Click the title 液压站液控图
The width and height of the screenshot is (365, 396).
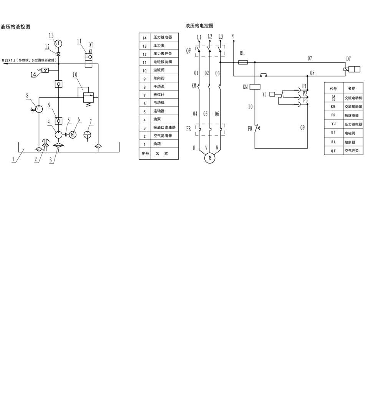tap(15, 27)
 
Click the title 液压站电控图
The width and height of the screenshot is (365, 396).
tap(199, 26)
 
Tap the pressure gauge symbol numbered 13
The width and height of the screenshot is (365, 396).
tap(58, 42)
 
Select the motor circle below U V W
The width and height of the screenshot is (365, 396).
tap(209, 157)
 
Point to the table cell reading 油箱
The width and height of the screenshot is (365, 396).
tap(157, 144)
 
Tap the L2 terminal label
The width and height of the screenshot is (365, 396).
tap(209, 36)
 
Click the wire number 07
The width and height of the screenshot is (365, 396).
tap(310, 58)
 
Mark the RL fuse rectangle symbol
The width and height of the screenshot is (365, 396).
tap(243, 62)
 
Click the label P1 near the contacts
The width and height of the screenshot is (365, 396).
tap(304, 86)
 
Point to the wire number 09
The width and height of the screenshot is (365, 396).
tap(302, 128)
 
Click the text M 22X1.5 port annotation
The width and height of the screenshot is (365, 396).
tap(30, 60)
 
